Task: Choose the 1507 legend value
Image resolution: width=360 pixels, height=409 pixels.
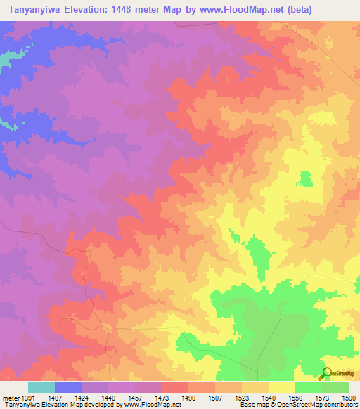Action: [x=227, y=398]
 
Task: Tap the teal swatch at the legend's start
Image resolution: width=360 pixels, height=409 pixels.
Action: [x=41, y=387]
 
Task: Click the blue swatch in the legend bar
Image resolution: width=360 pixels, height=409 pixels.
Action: [x=67, y=387]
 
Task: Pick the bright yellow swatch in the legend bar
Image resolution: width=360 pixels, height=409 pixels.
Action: [x=281, y=387]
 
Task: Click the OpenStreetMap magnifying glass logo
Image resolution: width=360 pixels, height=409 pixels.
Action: [x=326, y=374]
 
